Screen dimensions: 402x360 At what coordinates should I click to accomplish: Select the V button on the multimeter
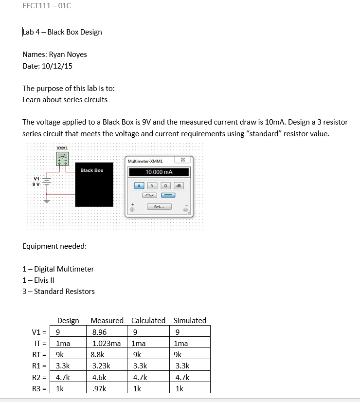pos(153,185)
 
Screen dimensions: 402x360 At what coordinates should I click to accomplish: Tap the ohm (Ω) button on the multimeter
pos(166,185)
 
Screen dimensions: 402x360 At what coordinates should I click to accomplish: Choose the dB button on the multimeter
pos(179,185)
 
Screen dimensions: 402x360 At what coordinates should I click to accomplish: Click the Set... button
pos(159,207)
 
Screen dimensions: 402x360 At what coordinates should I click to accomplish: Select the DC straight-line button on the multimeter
pos(168,195)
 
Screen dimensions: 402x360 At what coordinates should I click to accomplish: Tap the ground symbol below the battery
pos(47,200)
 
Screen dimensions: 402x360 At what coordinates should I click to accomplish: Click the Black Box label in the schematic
pos(91,170)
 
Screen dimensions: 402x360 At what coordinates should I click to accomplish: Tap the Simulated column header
pos(190,320)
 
